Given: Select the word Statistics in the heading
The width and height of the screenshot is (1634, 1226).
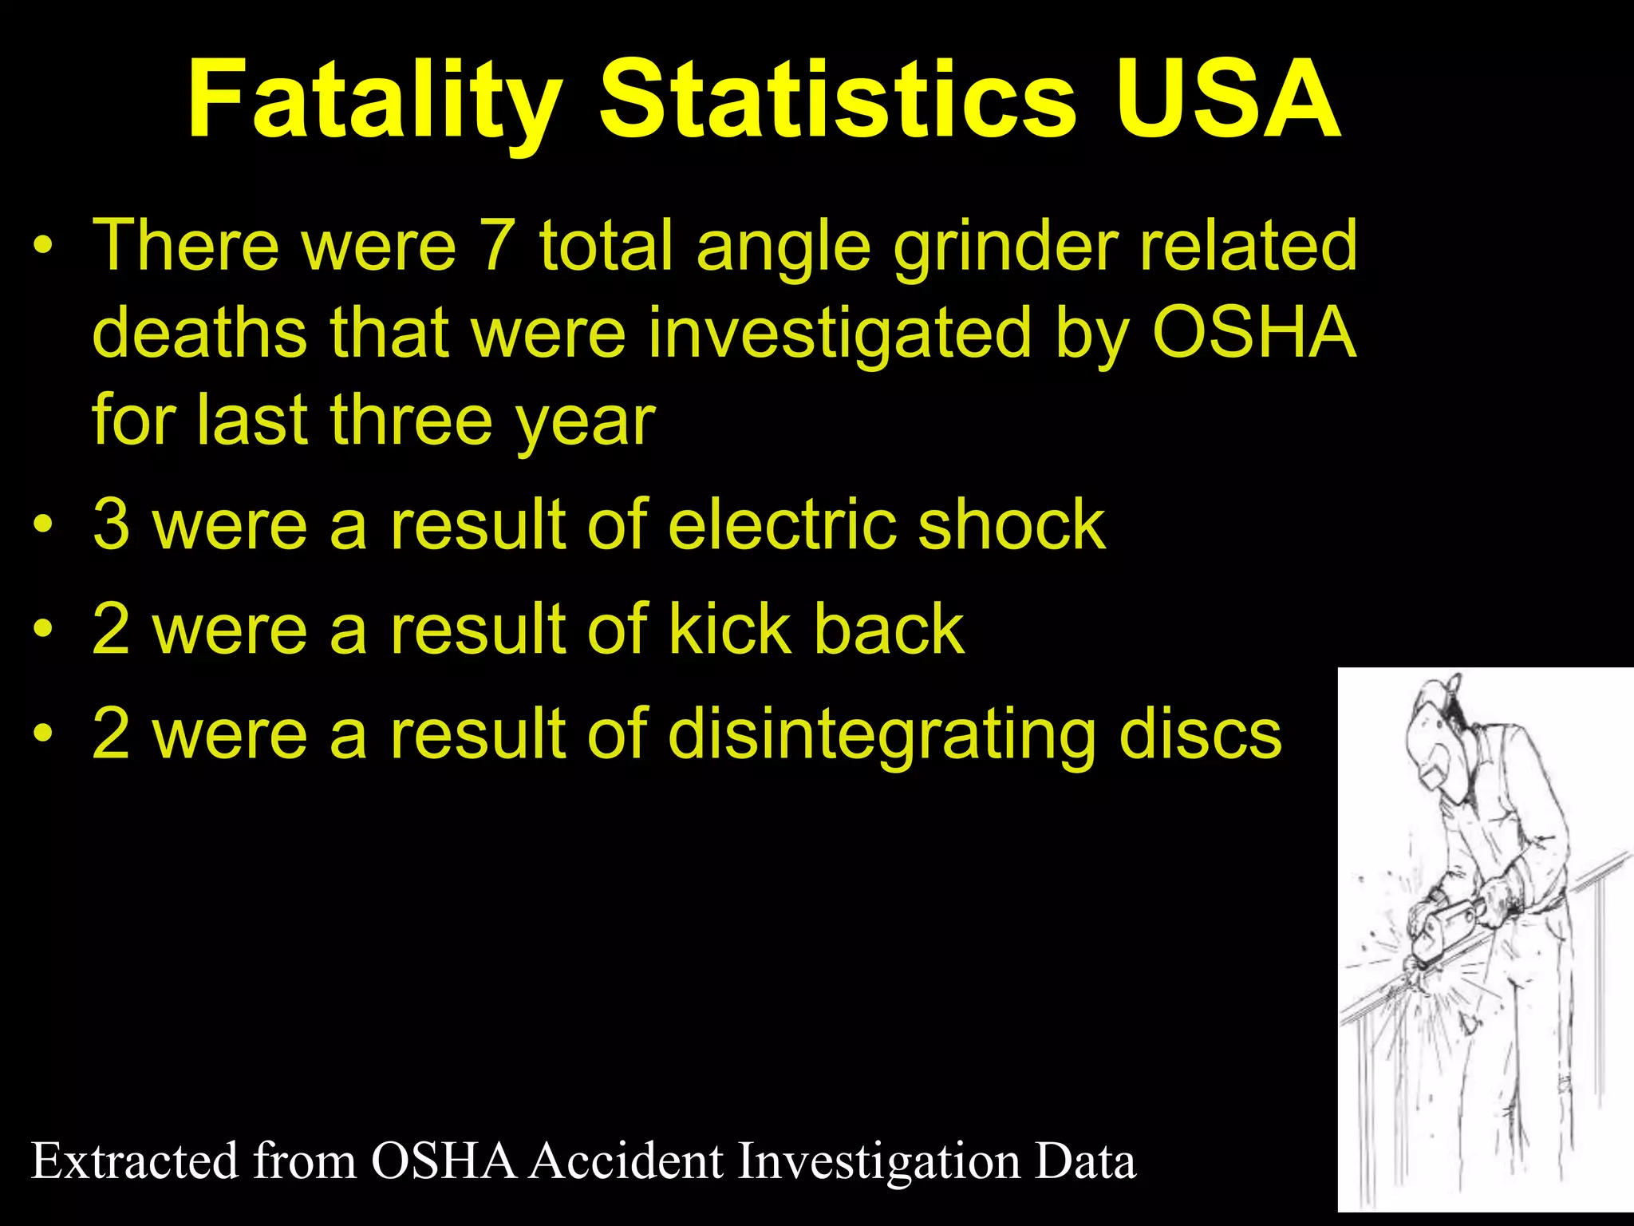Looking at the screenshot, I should pos(838,100).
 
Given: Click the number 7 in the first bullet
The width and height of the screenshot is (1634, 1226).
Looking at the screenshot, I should pos(495,244).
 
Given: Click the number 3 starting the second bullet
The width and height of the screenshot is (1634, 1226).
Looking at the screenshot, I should pos(112,524).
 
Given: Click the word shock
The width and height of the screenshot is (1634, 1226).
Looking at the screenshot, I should pos(1012,524).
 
